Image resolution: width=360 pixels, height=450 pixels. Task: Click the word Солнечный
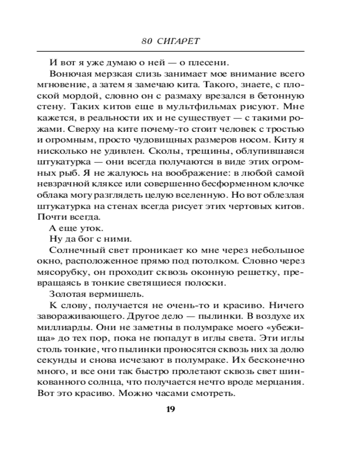(x=70, y=250)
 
